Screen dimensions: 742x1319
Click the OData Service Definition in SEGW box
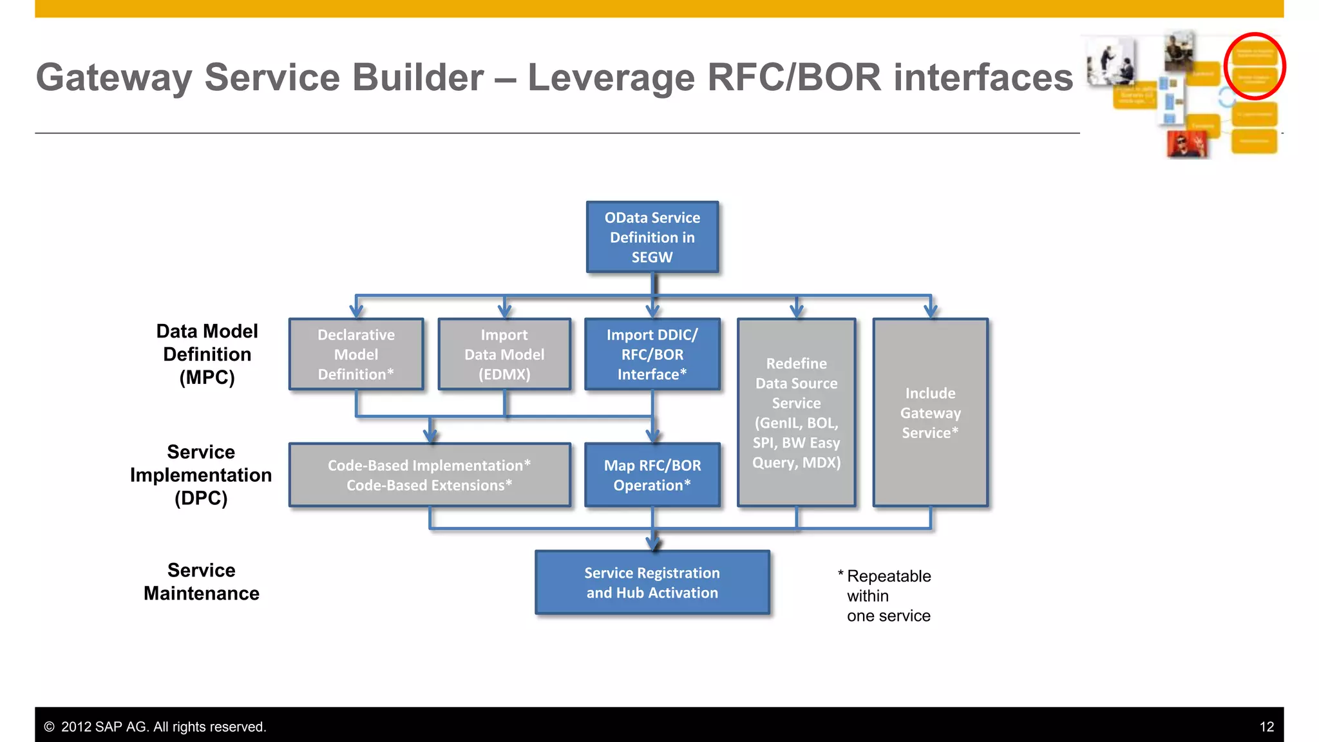(652, 237)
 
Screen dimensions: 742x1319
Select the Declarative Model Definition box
(356, 354)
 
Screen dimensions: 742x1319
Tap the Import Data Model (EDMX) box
(504, 354)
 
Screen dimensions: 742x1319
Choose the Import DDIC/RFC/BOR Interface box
(652, 354)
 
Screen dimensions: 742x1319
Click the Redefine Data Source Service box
(796, 412)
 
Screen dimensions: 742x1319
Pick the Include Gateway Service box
(930, 412)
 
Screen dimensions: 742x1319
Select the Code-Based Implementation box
(429, 475)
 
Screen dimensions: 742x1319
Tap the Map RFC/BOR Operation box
(652, 475)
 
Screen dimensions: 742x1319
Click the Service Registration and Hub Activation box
(652, 582)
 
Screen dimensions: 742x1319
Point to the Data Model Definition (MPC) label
(207, 354)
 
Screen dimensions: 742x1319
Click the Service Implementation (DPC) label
(201, 475)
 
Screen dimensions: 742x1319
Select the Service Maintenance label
(201, 582)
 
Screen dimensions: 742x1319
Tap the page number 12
(1266, 727)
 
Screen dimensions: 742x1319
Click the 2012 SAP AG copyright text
(155, 727)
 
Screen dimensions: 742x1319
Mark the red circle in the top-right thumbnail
(1254, 66)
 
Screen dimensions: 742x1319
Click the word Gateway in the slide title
(113, 77)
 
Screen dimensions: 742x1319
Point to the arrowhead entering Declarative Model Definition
(356, 311)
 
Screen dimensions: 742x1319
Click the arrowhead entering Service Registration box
(653, 544)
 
